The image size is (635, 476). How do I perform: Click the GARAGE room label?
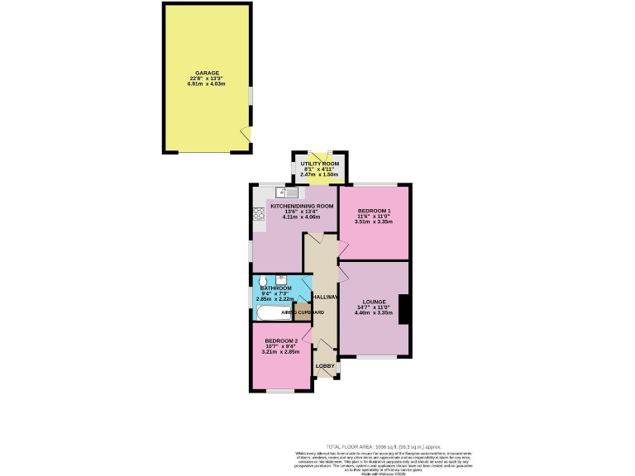point(208,73)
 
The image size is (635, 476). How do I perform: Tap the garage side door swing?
point(245,134)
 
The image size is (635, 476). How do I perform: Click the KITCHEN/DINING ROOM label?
point(297,205)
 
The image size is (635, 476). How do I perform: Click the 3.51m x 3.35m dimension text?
point(374,221)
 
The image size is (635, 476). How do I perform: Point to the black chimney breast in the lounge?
point(403,309)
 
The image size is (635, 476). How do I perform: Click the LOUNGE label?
point(373,302)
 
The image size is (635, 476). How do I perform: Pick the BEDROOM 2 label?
point(280,340)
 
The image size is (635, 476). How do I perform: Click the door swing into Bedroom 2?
point(308,334)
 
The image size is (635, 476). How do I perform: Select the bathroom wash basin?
point(282,278)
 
